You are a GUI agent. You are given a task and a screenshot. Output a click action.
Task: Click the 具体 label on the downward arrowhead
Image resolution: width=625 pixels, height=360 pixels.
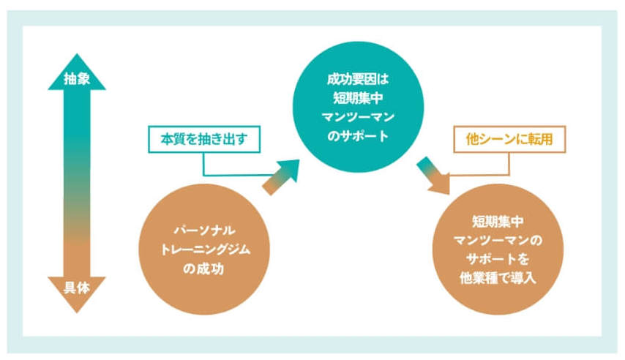tap(77, 288)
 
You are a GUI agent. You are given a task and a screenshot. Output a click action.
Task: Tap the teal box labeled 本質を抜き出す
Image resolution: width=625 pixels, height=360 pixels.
tap(204, 137)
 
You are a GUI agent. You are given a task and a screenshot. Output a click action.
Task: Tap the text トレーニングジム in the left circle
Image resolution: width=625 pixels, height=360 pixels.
tap(203, 250)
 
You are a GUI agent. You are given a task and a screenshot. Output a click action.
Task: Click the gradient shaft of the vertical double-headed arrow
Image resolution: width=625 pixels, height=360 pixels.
tap(77, 183)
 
